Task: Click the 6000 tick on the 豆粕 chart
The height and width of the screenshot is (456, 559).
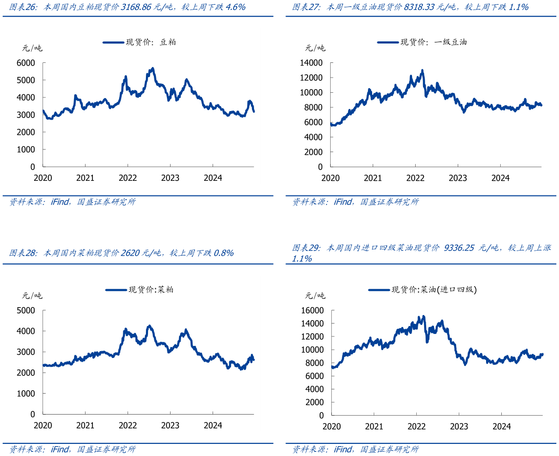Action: tap(26, 63)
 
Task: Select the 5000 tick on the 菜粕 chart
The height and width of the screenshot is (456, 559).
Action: tap(26, 310)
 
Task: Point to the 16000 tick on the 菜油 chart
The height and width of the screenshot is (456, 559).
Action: tap(312, 310)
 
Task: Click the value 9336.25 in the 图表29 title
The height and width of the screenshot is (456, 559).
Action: tap(461, 247)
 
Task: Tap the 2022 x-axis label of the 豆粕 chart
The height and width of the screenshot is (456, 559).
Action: tap(128, 178)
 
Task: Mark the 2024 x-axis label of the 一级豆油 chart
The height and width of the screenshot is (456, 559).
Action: tap(501, 178)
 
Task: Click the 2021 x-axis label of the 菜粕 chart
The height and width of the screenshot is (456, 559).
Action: tap(85, 425)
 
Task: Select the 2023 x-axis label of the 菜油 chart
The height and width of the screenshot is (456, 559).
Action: tap(459, 426)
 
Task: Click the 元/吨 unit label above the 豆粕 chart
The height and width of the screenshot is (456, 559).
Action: tap(32, 48)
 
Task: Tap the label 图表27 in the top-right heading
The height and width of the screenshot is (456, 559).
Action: tap(305, 7)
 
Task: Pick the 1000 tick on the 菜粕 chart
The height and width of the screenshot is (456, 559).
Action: tap(26, 393)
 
